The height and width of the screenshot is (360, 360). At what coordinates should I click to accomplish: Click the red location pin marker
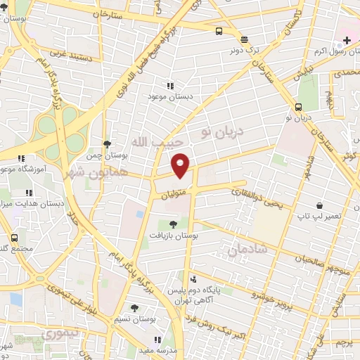pyautogui.click(x=181, y=165)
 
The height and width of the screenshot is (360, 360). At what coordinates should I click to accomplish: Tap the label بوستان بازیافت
pyautogui.click(x=172, y=236)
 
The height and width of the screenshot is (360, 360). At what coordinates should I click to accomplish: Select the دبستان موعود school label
pyautogui.click(x=169, y=96)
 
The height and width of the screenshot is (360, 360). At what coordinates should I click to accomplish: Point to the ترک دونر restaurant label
pyautogui.click(x=243, y=51)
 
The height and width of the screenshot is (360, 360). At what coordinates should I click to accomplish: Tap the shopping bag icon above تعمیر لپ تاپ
pyautogui.click(x=321, y=205)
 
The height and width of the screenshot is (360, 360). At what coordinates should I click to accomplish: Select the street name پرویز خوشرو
pyautogui.click(x=250, y=294)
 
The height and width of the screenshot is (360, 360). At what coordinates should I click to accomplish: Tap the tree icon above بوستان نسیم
pyautogui.click(x=134, y=308)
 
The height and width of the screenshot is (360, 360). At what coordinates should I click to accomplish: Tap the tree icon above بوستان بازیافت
pyautogui.click(x=173, y=224)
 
